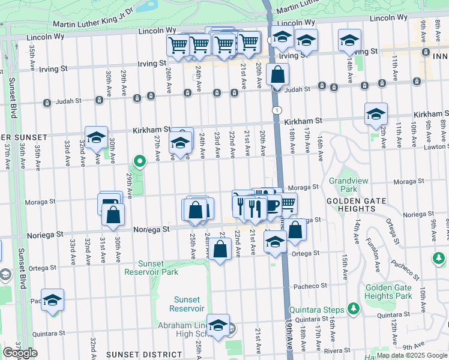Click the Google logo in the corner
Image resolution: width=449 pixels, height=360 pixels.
coord(20,353)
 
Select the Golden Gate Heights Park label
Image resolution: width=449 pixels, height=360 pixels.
coord(388,292)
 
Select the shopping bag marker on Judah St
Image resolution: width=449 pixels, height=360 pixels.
coord(277,75)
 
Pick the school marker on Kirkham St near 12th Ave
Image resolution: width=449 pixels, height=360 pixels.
coord(376,114)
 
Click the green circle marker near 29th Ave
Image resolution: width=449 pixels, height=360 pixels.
coord(140,161)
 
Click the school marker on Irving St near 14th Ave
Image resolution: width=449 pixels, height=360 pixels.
coord(349,40)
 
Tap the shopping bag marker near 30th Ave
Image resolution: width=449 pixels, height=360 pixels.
coord(113,215)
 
